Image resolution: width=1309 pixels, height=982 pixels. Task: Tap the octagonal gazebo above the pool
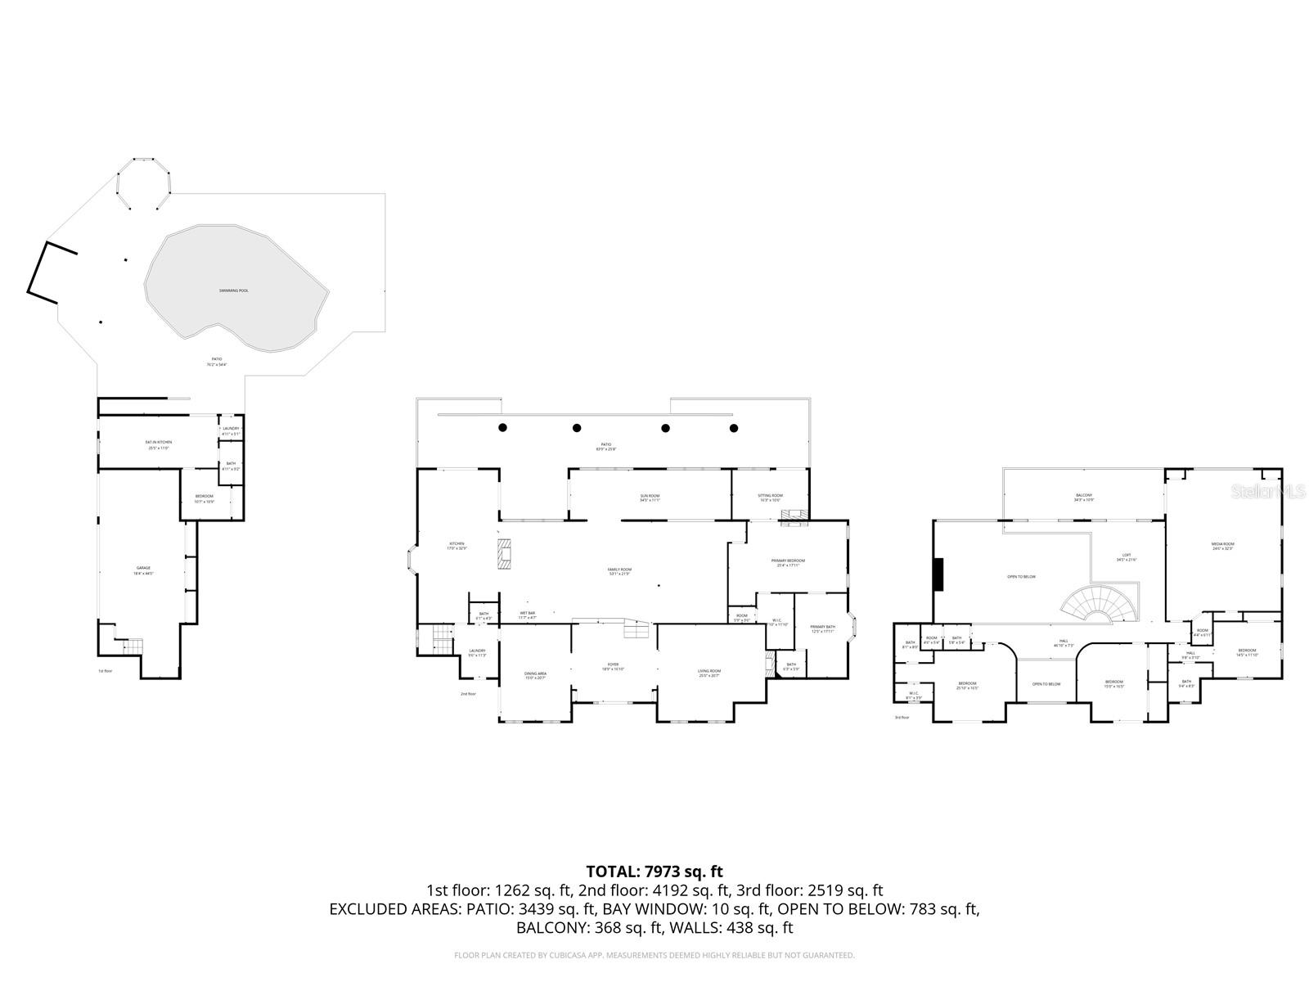(x=144, y=185)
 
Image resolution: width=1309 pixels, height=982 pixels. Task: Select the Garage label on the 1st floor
(x=143, y=570)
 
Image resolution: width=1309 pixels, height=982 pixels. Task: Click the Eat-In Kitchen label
(x=159, y=444)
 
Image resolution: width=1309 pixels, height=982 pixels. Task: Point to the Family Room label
(x=619, y=571)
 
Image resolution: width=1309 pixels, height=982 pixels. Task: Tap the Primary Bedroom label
(x=788, y=563)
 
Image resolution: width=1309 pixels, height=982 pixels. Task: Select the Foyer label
(x=613, y=667)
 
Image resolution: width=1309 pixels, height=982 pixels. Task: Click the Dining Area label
(x=535, y=676)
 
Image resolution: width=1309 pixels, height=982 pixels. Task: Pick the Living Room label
(x=709, y=673)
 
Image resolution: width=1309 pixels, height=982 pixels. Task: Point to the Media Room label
(x=1222, y=547)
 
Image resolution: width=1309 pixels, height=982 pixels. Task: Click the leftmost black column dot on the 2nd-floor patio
(x=503, y=427)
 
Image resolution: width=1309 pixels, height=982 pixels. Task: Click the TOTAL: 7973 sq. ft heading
(x=654, y=872)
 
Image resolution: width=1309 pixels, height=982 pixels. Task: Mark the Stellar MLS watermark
(x=1268, y=492)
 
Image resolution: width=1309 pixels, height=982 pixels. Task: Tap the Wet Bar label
(x=527, y=615)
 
